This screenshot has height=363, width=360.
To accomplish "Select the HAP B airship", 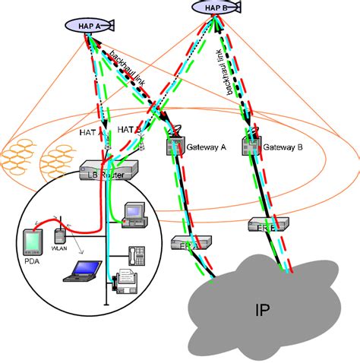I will click(215, 8).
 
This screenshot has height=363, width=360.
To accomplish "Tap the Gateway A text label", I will click(207, 149).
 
